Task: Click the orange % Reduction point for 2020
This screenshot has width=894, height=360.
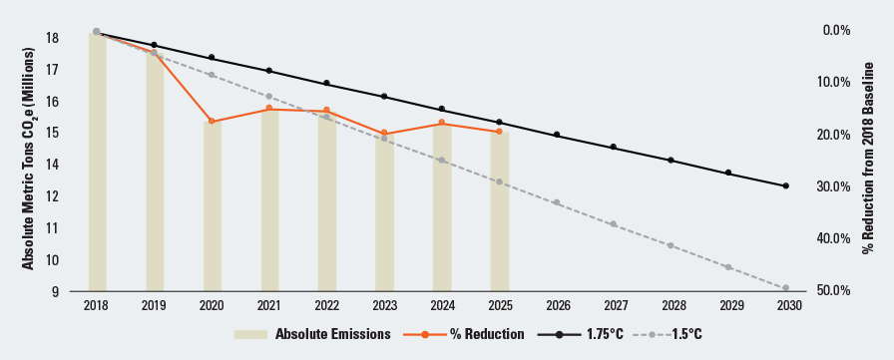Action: point(212,122)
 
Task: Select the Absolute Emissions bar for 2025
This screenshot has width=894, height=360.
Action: point(499,210)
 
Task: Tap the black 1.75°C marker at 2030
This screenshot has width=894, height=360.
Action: point(786,186)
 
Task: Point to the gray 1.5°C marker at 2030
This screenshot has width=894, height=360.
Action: point(786,288)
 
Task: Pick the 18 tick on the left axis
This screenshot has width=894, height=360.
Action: point(52,38)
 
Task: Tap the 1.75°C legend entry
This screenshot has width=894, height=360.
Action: point(588,334)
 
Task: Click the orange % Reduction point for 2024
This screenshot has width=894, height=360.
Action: point(442,123)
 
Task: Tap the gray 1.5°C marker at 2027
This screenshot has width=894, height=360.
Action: point(614,224)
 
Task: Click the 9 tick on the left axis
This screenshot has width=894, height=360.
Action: point(56,291)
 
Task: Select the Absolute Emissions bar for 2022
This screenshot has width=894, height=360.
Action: point(326,199)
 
